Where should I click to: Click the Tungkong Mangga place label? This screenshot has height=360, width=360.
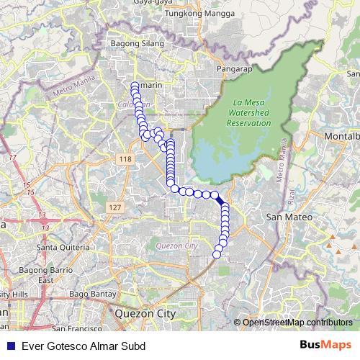click(191, 13)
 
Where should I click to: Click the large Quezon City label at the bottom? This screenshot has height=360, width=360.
click(145, 314)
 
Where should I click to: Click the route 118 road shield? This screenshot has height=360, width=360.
click(126, 158)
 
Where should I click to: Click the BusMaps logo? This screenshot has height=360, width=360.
click(325, 346)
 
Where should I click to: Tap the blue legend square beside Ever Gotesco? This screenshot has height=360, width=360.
click(9, 346)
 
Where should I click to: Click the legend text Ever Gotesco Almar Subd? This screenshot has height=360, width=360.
click(84, 346)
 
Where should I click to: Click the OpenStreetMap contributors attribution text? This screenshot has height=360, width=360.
click(297, 323)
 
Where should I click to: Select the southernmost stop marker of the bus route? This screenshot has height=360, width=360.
click(217, 254)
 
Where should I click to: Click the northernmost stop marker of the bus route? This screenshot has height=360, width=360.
click(135, 86)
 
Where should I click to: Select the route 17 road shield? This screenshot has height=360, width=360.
click(12, 156)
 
